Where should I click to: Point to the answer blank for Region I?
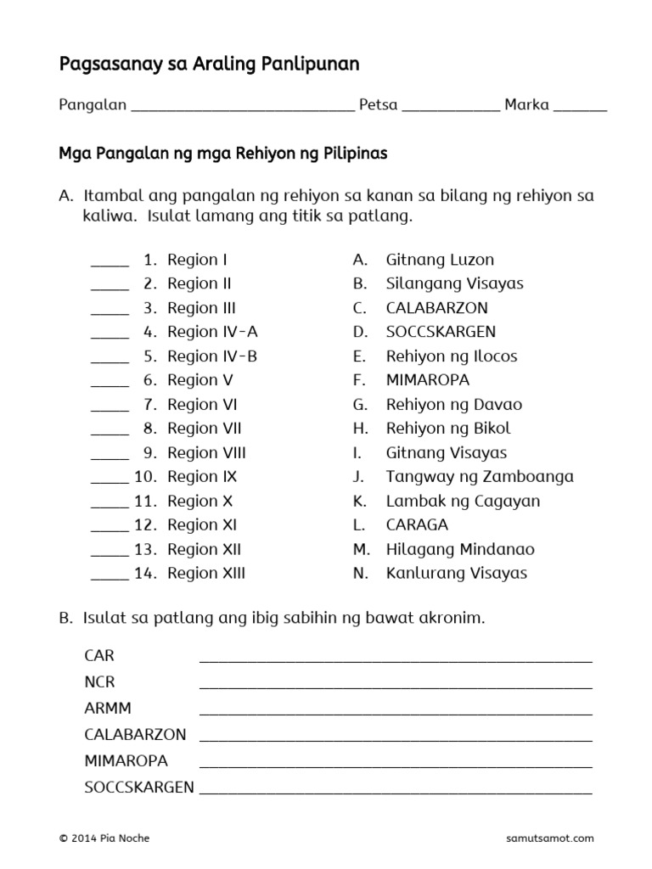pos(110,264)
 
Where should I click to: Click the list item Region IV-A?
pos(212,332)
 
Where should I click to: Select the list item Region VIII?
pos(206,452)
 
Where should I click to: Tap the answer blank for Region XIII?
pos(110,578)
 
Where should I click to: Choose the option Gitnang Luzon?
pos(440,260)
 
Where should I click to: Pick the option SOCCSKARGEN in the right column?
pos(441,332)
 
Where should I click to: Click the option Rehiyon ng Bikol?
pos(448,429)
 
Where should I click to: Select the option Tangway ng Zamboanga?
pos(480,476)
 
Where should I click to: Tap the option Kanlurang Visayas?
pos(456,573)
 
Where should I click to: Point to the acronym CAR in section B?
pos(99,656)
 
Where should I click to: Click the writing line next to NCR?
pos(395,687)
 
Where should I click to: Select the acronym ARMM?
pos(108,709)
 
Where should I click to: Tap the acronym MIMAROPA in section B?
pos(126,760)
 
